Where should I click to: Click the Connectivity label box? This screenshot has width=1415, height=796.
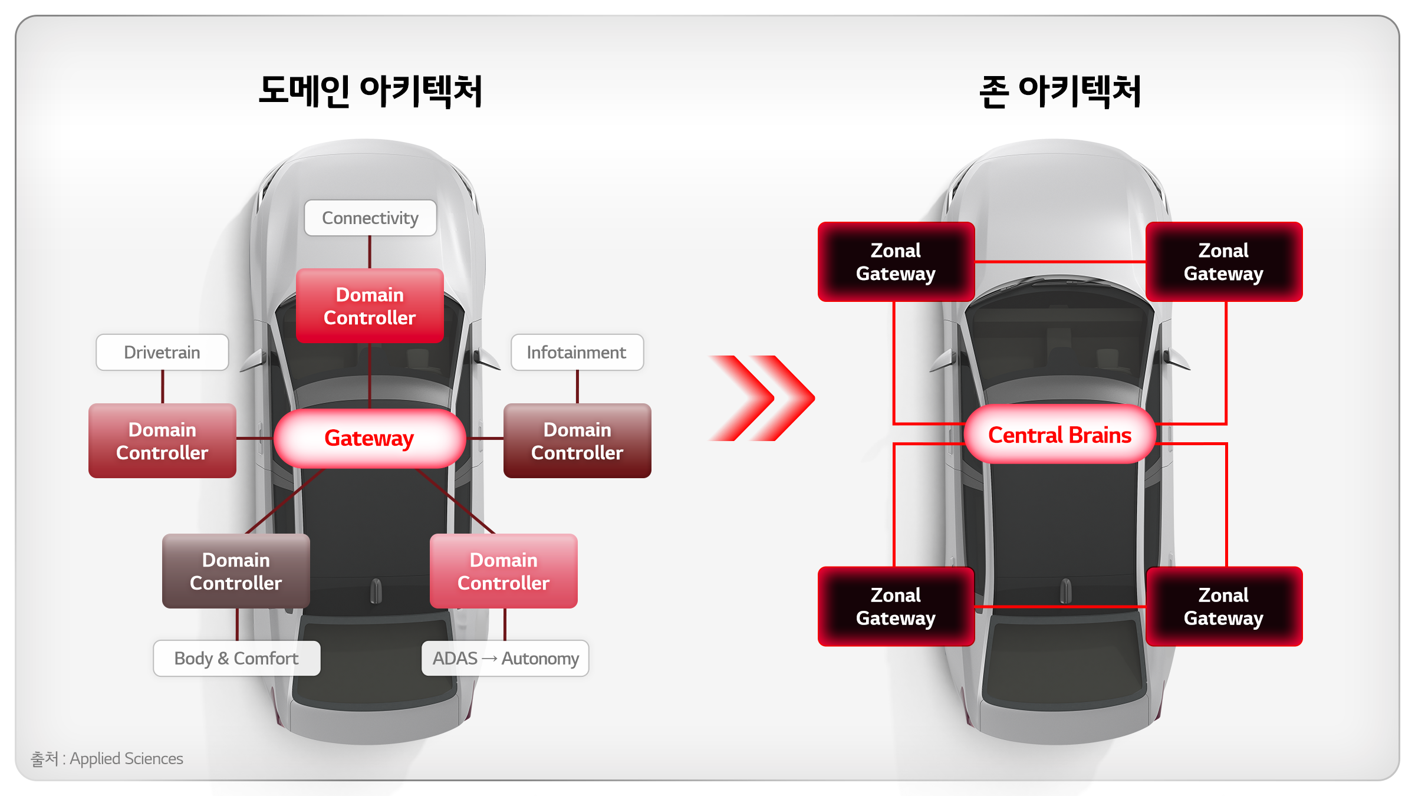pos(370,218)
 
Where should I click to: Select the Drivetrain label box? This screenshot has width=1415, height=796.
pos(162,353)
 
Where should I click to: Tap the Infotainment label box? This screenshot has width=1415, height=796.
pos(577,353)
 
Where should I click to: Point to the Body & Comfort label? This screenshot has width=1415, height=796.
pos(236,658)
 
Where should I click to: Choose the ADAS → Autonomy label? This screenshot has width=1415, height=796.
pos(505,658)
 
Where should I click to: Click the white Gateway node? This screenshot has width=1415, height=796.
pos(370,439)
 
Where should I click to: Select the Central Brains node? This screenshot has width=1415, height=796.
pos(1059,435)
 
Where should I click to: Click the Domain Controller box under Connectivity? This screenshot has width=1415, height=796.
pos(370,306)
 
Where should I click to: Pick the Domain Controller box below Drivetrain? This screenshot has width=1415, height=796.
pos(162,441)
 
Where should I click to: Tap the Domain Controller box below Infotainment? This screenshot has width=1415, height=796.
pos(577,441)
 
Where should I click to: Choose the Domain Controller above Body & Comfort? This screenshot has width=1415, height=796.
pos(236,571)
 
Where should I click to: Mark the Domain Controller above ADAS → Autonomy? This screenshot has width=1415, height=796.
pos(504,571)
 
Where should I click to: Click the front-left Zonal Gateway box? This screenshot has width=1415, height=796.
pos(896,262)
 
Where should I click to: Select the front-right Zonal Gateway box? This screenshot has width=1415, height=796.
pos(1224,262)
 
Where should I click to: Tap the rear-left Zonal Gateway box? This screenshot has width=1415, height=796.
pos(896,607)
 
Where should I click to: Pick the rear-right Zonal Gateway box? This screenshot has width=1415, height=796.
pos(1224,607)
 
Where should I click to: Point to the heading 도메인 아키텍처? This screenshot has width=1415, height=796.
pos(370,91)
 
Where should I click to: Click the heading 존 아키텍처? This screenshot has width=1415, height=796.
pos(1060,91)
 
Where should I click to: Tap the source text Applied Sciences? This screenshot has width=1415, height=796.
pos(126,758)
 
